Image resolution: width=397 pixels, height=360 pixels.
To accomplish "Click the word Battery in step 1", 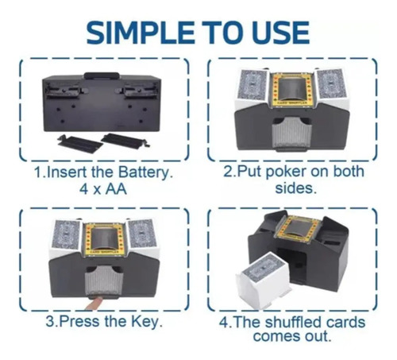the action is tap(145, 173).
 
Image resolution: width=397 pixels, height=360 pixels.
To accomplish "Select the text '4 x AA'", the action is tap(103, 189).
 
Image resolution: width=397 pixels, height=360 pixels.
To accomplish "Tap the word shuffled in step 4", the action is tap(293, 323).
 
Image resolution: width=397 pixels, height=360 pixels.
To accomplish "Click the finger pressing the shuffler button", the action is tap(93, 304).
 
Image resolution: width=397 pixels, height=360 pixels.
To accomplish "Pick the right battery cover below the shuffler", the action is tap(125, 141).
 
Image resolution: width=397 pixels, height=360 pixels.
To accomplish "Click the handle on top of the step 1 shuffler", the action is tap(102, 75).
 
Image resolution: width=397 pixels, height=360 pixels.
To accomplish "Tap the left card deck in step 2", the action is tap(253, 85).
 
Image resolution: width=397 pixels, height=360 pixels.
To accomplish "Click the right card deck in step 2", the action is tap(331, 83).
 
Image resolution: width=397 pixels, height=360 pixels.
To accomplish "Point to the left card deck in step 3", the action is tap(66, 234).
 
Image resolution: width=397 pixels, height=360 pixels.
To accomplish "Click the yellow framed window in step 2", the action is tap(292, 89).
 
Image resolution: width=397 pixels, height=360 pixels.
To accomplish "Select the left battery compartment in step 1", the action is tap(63, 91).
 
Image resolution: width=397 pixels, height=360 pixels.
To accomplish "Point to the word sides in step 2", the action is tap(295, 188).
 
